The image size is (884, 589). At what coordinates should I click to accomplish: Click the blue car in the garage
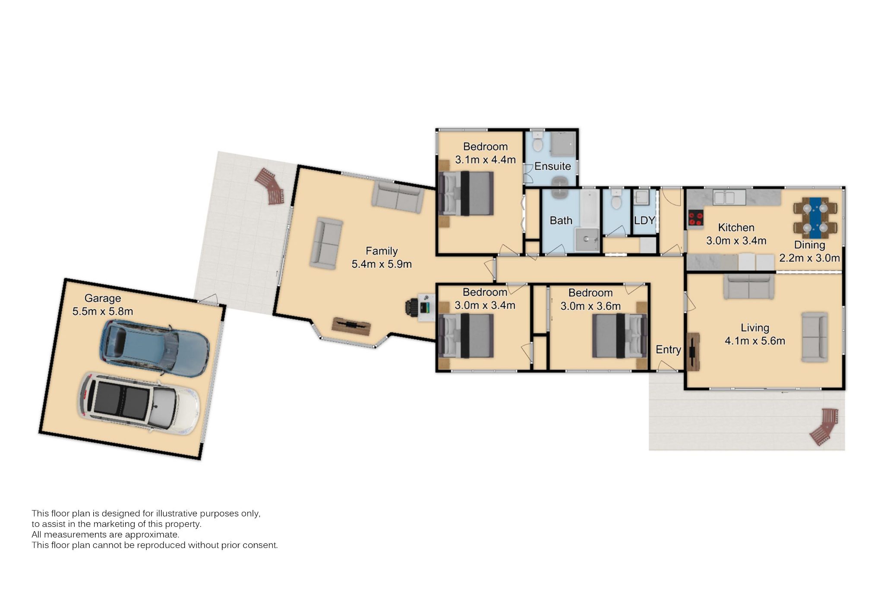[155, 349]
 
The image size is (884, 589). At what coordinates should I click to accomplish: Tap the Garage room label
[103, 298]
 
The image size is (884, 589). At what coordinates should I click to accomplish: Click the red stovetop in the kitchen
[695, 218]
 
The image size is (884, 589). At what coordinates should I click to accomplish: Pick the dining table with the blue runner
[815, 218]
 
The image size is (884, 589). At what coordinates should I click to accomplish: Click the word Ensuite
[552, 166]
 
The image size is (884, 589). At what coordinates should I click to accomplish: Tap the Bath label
[561, 220]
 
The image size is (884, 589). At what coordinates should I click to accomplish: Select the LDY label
[644, 220]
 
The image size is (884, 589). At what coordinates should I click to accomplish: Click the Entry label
[668, 350]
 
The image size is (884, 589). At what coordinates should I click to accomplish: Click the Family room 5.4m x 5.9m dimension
[382, 264]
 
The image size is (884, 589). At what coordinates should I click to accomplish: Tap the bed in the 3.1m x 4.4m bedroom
[466, 193]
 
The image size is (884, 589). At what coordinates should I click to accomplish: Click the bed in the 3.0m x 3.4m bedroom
[466, 336]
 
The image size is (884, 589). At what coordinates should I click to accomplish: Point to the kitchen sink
[724, 198]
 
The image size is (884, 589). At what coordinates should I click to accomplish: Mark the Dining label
[810, 245]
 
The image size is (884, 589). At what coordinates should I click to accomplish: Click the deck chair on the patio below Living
[824, 427]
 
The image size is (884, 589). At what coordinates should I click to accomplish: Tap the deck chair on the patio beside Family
[270, 186]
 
